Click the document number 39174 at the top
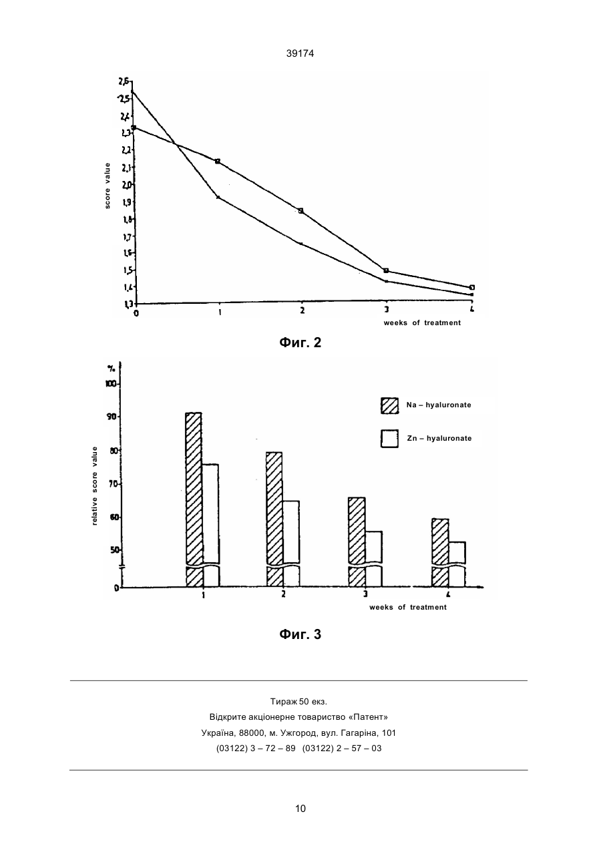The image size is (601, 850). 300,53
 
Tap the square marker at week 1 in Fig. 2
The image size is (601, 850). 218,162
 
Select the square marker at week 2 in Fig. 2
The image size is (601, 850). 301,210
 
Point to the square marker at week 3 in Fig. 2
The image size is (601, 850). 386,270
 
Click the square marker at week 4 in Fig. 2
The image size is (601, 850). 472,287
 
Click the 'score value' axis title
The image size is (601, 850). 108,186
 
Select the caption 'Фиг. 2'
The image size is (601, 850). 300,343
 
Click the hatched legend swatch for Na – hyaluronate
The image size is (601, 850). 390,405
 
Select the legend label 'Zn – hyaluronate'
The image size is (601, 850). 439,438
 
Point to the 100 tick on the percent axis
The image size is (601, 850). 112,384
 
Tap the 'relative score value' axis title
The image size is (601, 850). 95,485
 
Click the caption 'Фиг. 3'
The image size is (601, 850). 300,634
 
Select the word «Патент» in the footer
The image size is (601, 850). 368,717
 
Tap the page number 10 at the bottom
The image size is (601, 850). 300,809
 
